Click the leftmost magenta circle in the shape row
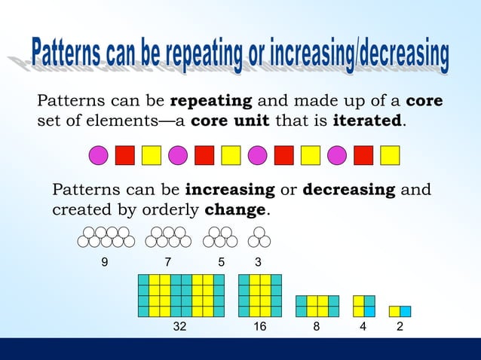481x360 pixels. click(x=99, y=155)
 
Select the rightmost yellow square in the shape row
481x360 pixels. click(x=389, y=155)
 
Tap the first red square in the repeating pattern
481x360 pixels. click(x=125, y=155)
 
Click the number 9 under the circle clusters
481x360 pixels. click(x=105, y=262)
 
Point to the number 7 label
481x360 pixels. click(x=167, y=262)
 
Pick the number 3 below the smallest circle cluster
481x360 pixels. click(x=259, y=262)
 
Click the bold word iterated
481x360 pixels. click(x=367, y=121)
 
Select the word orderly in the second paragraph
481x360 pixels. click(x=173, y=210)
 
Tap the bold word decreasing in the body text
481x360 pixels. click(x=348, y=189)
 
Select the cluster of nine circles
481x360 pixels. click(x=106, y=237)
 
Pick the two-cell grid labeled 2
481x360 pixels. click(x=400, y=311)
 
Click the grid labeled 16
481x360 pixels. click(x=260, y=295)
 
